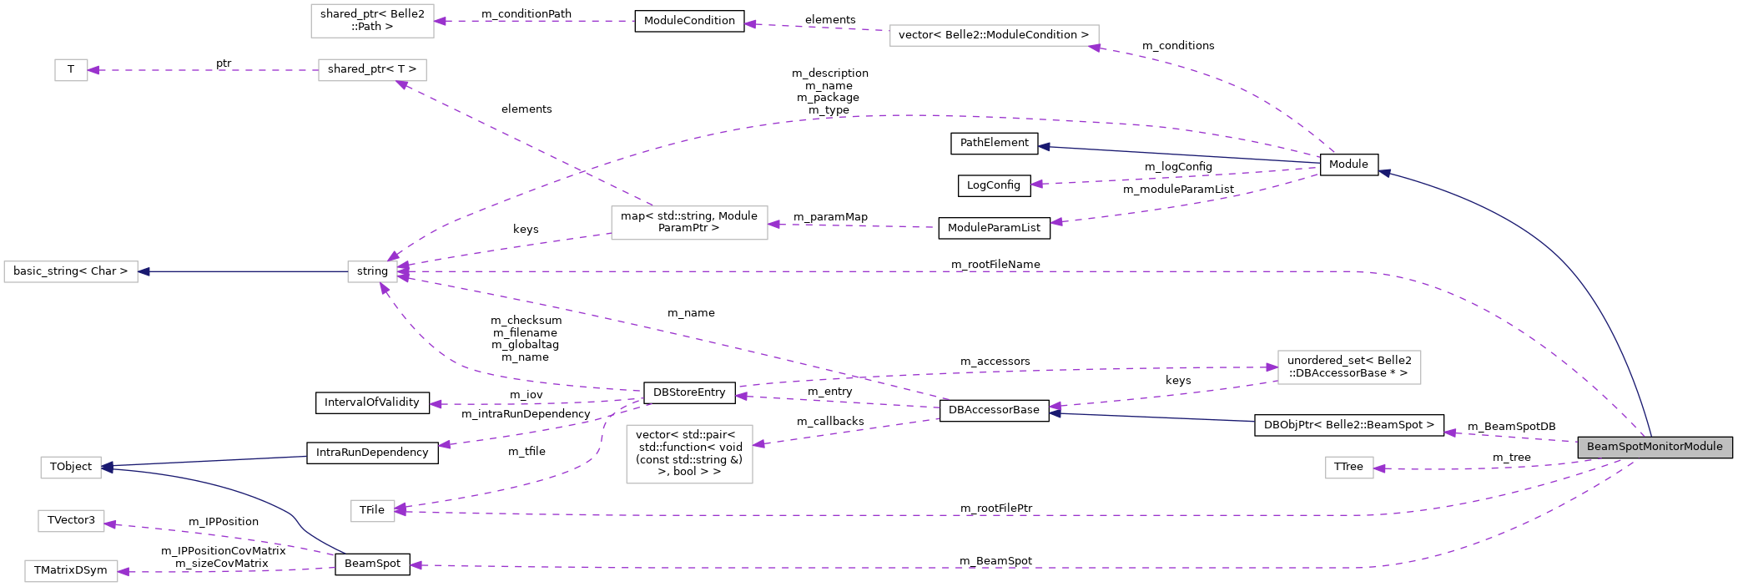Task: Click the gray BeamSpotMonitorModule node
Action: click(1654, 447)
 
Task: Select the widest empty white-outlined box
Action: click(994, 35)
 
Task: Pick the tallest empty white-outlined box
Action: click(689, 454)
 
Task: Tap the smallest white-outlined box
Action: click(71, 70)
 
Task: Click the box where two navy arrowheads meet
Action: click(71, 468)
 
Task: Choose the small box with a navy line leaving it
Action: click(372, 272)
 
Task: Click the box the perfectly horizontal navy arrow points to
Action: click(71, 272)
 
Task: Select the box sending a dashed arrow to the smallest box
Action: click(372, 70)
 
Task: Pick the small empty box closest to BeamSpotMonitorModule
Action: click(1349, 468)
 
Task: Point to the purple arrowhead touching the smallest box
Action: click(93, 70)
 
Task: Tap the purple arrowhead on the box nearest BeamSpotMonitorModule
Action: click(1380, 468)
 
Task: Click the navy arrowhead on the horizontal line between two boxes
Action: click(144, 272)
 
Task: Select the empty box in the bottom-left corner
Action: click(71, 571)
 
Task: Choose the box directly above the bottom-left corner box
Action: click(71, 521)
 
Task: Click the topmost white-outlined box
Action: click(372, 21)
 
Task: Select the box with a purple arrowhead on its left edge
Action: click(1349, 367)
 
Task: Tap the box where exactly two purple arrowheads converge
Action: click(373, 511)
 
